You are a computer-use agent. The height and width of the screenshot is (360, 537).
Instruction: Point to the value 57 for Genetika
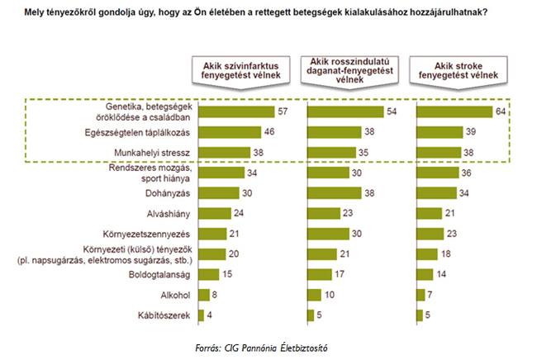pos(282,111)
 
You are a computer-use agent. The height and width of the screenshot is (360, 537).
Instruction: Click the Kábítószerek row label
pos(171,315)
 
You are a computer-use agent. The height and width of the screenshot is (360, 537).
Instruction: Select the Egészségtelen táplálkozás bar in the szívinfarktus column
pos(228,131)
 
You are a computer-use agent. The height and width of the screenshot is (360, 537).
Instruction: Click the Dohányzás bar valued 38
pos(335,192)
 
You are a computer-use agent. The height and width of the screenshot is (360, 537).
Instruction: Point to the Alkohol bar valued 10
pos(315,294)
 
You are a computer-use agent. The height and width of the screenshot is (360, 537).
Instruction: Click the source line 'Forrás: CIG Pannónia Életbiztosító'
pos(267,346)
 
